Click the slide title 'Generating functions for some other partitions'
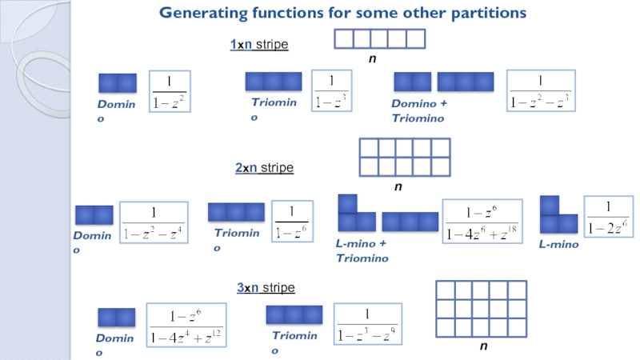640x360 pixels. click(x=342, y=13)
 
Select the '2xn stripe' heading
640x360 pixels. click(x=264, y=168)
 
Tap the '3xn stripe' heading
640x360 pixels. click(x=266, y=287)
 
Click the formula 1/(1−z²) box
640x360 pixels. click(x=169, y=92)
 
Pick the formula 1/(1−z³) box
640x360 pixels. click(x=334, y=92)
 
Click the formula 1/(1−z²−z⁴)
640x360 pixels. click(x=154, y=223)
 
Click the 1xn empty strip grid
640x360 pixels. click(x=379, y=38)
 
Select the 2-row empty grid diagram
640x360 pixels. click(x=405, y=157)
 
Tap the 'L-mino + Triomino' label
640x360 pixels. click(x=362, y=250)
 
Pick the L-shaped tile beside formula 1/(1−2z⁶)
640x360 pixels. click(x=557, y=215)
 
